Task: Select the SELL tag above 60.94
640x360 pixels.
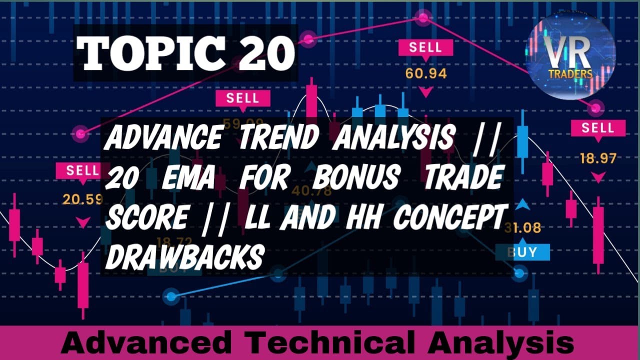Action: (x=425, y=48)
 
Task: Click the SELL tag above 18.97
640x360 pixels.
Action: (x=598, y=128)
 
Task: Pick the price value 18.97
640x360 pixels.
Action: (x=598, y=159)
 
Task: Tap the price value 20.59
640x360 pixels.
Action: (x=82, y=199)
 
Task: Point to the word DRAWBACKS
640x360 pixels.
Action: (x=185, y=257)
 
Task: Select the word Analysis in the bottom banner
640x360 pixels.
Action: (x=500, y=344)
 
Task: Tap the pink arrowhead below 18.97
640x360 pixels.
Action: (x=598, y=176)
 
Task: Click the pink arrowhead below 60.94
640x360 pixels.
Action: (x=426, y=92)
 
